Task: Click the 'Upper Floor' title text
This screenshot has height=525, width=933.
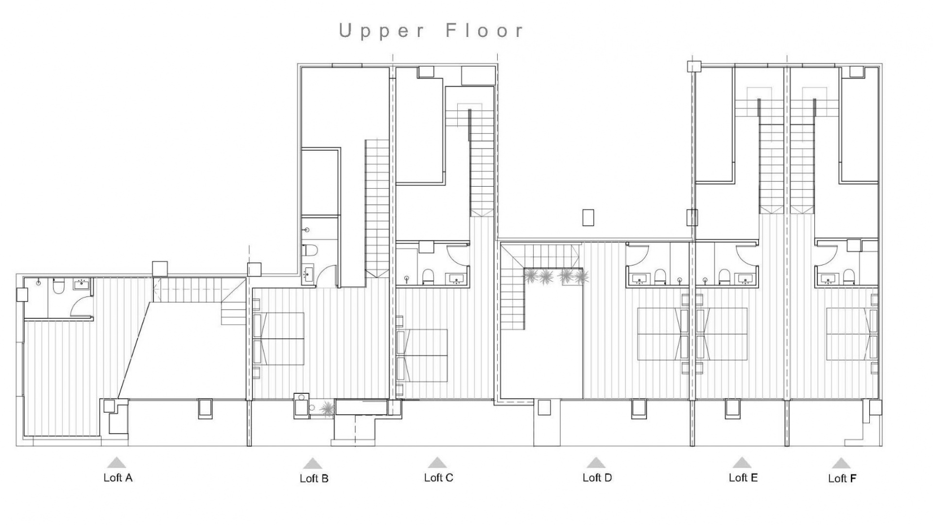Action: tap(432, 30)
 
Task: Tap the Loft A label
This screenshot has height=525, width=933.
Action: tap(118, 477)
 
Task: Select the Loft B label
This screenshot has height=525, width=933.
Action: tap(314, 478)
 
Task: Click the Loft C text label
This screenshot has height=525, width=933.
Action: tap(438, 477)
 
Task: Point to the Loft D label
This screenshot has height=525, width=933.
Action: tap(597, 477)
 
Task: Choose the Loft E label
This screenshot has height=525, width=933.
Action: tap(743, 477)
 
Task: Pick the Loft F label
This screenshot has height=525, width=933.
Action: tap(842, 478)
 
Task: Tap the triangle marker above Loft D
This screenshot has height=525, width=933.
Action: tap(596, 462)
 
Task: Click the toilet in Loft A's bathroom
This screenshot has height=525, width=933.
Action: tap(58, 287)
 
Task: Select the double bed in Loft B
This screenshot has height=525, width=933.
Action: tap(281, 338)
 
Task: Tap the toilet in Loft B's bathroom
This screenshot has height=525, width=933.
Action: tap(310, 251)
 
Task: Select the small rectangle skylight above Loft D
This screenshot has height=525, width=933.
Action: tap(588, 217)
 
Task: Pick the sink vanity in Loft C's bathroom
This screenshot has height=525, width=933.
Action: tap(457, 279)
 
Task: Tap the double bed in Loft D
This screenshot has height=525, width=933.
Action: tap(661, 334)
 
